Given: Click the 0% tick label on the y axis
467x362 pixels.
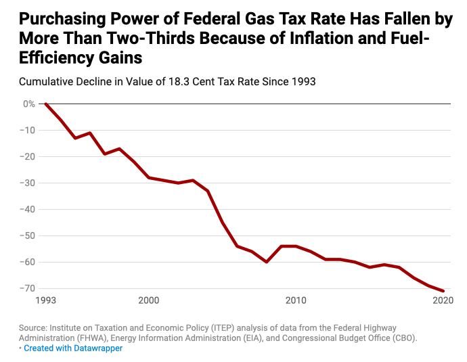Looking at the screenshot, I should click(28, 104).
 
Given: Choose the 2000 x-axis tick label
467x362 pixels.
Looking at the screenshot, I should click(148, 300).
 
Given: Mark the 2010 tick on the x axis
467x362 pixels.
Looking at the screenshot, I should click(296, 300).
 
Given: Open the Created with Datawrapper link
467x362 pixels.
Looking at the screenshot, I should click(73, 348).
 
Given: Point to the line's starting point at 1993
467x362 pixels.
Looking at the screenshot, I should click(45, 104).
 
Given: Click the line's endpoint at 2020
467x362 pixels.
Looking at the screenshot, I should click(443, 291).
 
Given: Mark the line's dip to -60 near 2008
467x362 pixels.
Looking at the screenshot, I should click(267, 262).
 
